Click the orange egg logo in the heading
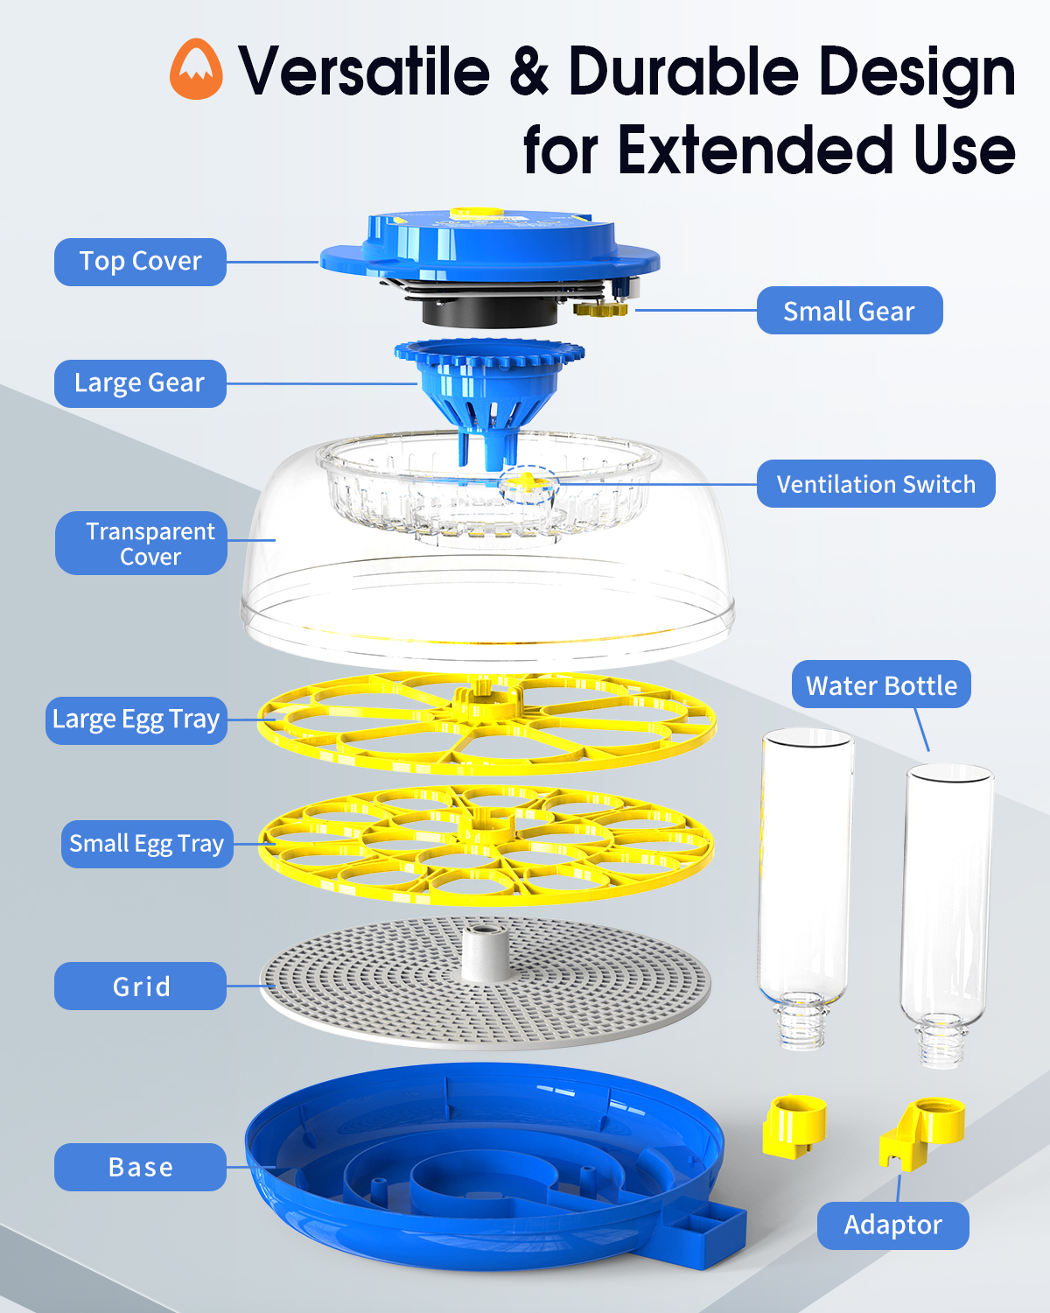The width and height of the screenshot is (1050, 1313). [196, 69]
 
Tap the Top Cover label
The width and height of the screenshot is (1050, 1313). [140, 262]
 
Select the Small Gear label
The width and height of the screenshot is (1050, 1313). [850, 311]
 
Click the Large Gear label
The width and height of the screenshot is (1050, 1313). [140, 383]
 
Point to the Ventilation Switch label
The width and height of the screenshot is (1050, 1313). [876, 484]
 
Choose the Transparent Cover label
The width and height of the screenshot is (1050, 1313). [141, 543]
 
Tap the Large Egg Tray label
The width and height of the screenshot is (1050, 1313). [136, 720]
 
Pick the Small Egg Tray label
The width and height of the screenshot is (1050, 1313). [147, 844]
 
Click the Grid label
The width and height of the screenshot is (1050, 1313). [140, 986]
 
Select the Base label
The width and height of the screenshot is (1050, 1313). [140, 1167]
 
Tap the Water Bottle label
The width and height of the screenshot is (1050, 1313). [881, 685]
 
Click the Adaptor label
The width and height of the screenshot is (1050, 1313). [892, 1225]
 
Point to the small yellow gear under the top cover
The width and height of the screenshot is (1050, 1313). [600, 309]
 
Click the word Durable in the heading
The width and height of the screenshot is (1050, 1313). [684, 72]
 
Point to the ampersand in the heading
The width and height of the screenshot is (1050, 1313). [528, 72]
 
